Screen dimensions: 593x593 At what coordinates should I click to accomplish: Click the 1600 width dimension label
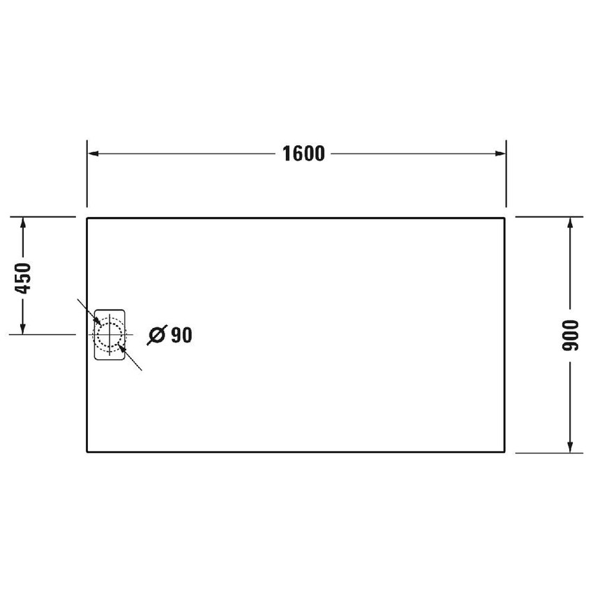click(304, 153)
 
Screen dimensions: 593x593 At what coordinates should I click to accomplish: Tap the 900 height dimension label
click(571, 336)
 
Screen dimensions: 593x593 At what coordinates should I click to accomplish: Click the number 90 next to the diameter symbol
click(181, 336)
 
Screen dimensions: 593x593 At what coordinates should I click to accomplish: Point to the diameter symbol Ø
click(156, 336)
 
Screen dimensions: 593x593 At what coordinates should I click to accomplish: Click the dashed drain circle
click(109, 333)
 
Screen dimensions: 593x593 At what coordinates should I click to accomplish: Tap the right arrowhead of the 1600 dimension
click(500, 153)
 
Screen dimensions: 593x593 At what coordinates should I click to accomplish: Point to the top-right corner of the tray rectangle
click(505, 218)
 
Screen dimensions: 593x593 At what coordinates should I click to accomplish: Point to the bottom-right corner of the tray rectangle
click(505, 452)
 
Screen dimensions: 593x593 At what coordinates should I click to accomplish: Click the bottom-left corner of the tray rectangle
click(87, 452)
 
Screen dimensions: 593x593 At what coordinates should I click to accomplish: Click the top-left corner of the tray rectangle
click(87, 218)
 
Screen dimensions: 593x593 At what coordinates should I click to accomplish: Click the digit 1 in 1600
click(287, 153)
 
